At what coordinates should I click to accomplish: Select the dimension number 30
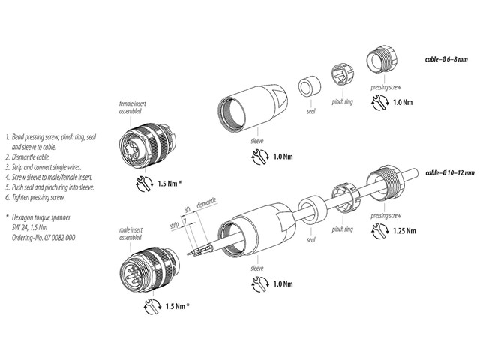[x=186, y=211]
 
